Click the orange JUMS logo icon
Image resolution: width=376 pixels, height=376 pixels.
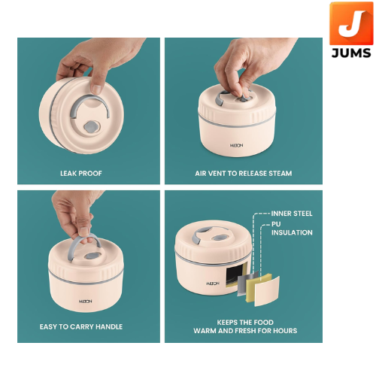point(351,23)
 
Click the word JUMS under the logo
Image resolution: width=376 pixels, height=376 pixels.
point(351,53)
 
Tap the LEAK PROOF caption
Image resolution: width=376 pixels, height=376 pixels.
point(81,174)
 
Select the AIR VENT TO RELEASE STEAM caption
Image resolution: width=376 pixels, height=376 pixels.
point(244,174)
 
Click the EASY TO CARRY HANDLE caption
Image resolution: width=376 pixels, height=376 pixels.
point(81,327)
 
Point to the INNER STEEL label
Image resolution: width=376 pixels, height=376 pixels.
point(292,214)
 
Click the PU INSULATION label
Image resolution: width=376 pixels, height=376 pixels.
point(292,229)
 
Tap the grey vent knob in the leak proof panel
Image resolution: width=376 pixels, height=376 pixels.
point(92,127)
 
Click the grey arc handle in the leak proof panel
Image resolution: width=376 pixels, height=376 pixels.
point(89,100)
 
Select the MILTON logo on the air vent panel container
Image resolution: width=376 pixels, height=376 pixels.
point(236,145)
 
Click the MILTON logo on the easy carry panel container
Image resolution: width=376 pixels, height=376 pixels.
point(85,302)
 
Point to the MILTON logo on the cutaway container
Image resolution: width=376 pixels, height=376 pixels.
point(213,284)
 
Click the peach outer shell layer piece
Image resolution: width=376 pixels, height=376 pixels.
point(267,292)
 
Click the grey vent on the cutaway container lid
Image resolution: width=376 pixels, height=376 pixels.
point(217,238)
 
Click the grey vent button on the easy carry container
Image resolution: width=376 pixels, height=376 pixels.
point(91,256)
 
